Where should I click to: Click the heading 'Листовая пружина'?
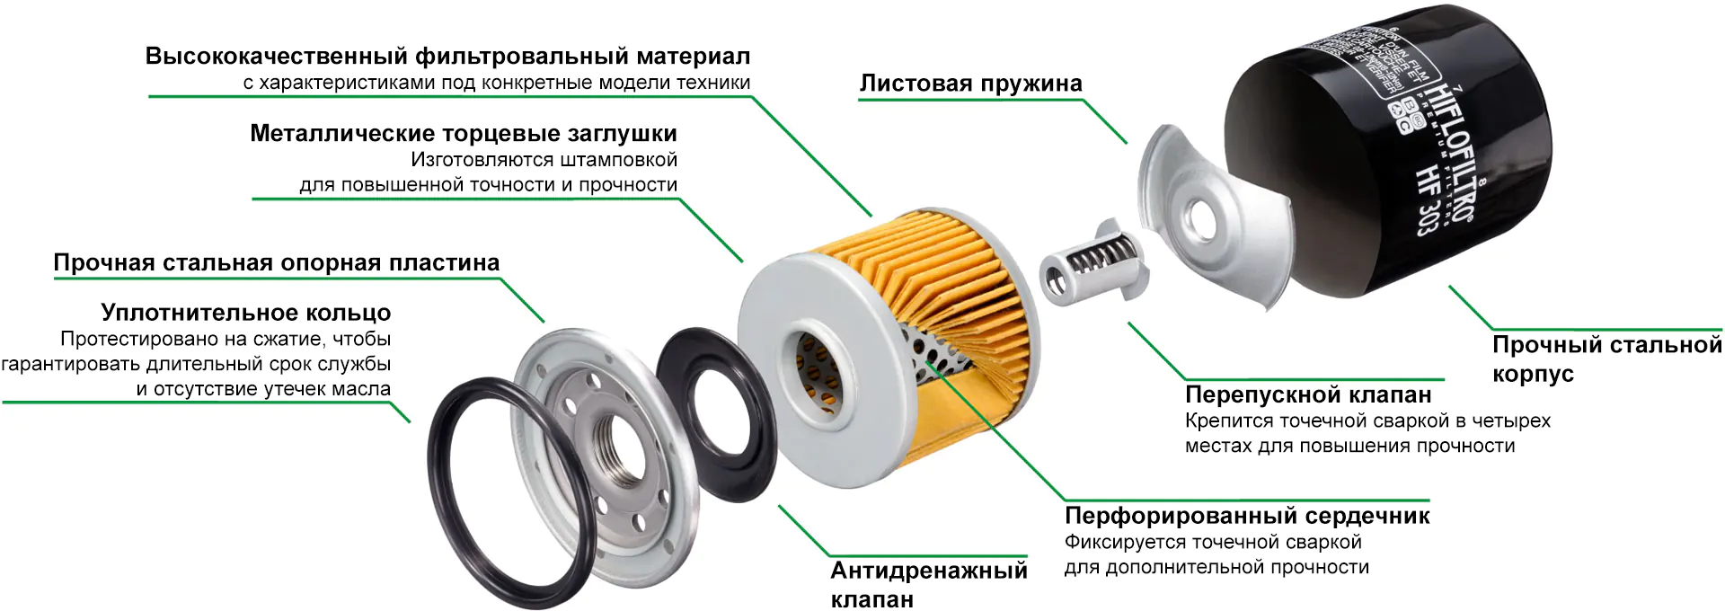[970, 84]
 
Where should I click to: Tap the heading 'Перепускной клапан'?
[1308, 394]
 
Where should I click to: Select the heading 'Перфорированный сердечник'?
[1247, 516]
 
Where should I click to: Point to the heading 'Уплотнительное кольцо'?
[246, 313]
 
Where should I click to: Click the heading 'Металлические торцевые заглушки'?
[464, 134]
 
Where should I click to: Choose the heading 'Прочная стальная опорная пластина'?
[277, 263]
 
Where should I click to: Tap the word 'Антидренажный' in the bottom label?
[928, 571]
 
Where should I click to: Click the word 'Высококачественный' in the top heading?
[276, 57]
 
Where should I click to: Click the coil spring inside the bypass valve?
[1099, 259]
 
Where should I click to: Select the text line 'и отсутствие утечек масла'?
[263, 389]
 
